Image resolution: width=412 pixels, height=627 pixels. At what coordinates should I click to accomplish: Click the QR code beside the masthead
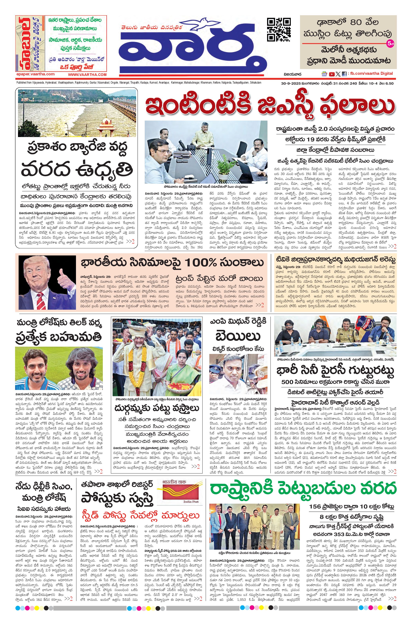[279, 30]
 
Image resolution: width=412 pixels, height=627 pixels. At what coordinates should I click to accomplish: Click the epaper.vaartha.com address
[35, 74]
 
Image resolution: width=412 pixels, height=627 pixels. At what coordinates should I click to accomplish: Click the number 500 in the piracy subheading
[287, 382]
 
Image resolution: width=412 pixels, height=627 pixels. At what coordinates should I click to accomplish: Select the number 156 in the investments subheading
[315, 507]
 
